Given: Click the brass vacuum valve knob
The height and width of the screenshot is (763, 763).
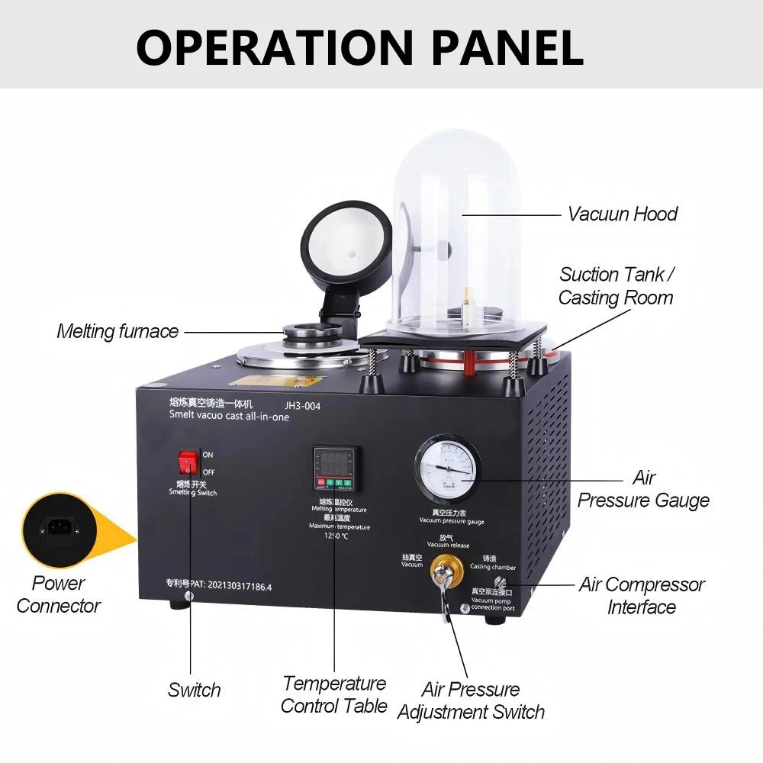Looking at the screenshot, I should (x=441, y=570).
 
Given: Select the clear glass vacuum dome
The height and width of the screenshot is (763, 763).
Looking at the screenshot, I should (x=456, y=229).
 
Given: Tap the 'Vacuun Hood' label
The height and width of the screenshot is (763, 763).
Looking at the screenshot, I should (x=622, y=214).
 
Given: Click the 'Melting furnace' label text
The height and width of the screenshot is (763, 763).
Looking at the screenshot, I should (x=118, y=331).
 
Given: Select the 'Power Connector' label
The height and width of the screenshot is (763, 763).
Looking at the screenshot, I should (x=59, y=594).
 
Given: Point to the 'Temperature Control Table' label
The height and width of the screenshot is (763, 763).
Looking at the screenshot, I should (x=334, y=694).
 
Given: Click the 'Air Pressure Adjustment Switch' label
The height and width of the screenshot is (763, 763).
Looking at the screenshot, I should (x=471, y=700).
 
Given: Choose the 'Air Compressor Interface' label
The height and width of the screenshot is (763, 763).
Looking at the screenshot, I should (x=642, y=596).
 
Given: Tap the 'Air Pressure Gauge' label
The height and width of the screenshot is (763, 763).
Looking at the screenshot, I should (x=643, y=489).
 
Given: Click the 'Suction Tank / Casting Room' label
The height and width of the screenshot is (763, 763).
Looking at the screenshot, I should (x=617, y=285).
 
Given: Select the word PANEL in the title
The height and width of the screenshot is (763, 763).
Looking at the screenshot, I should (x=507, y=47).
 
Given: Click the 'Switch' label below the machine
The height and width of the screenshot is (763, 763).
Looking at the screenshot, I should (x=194, y=690).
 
